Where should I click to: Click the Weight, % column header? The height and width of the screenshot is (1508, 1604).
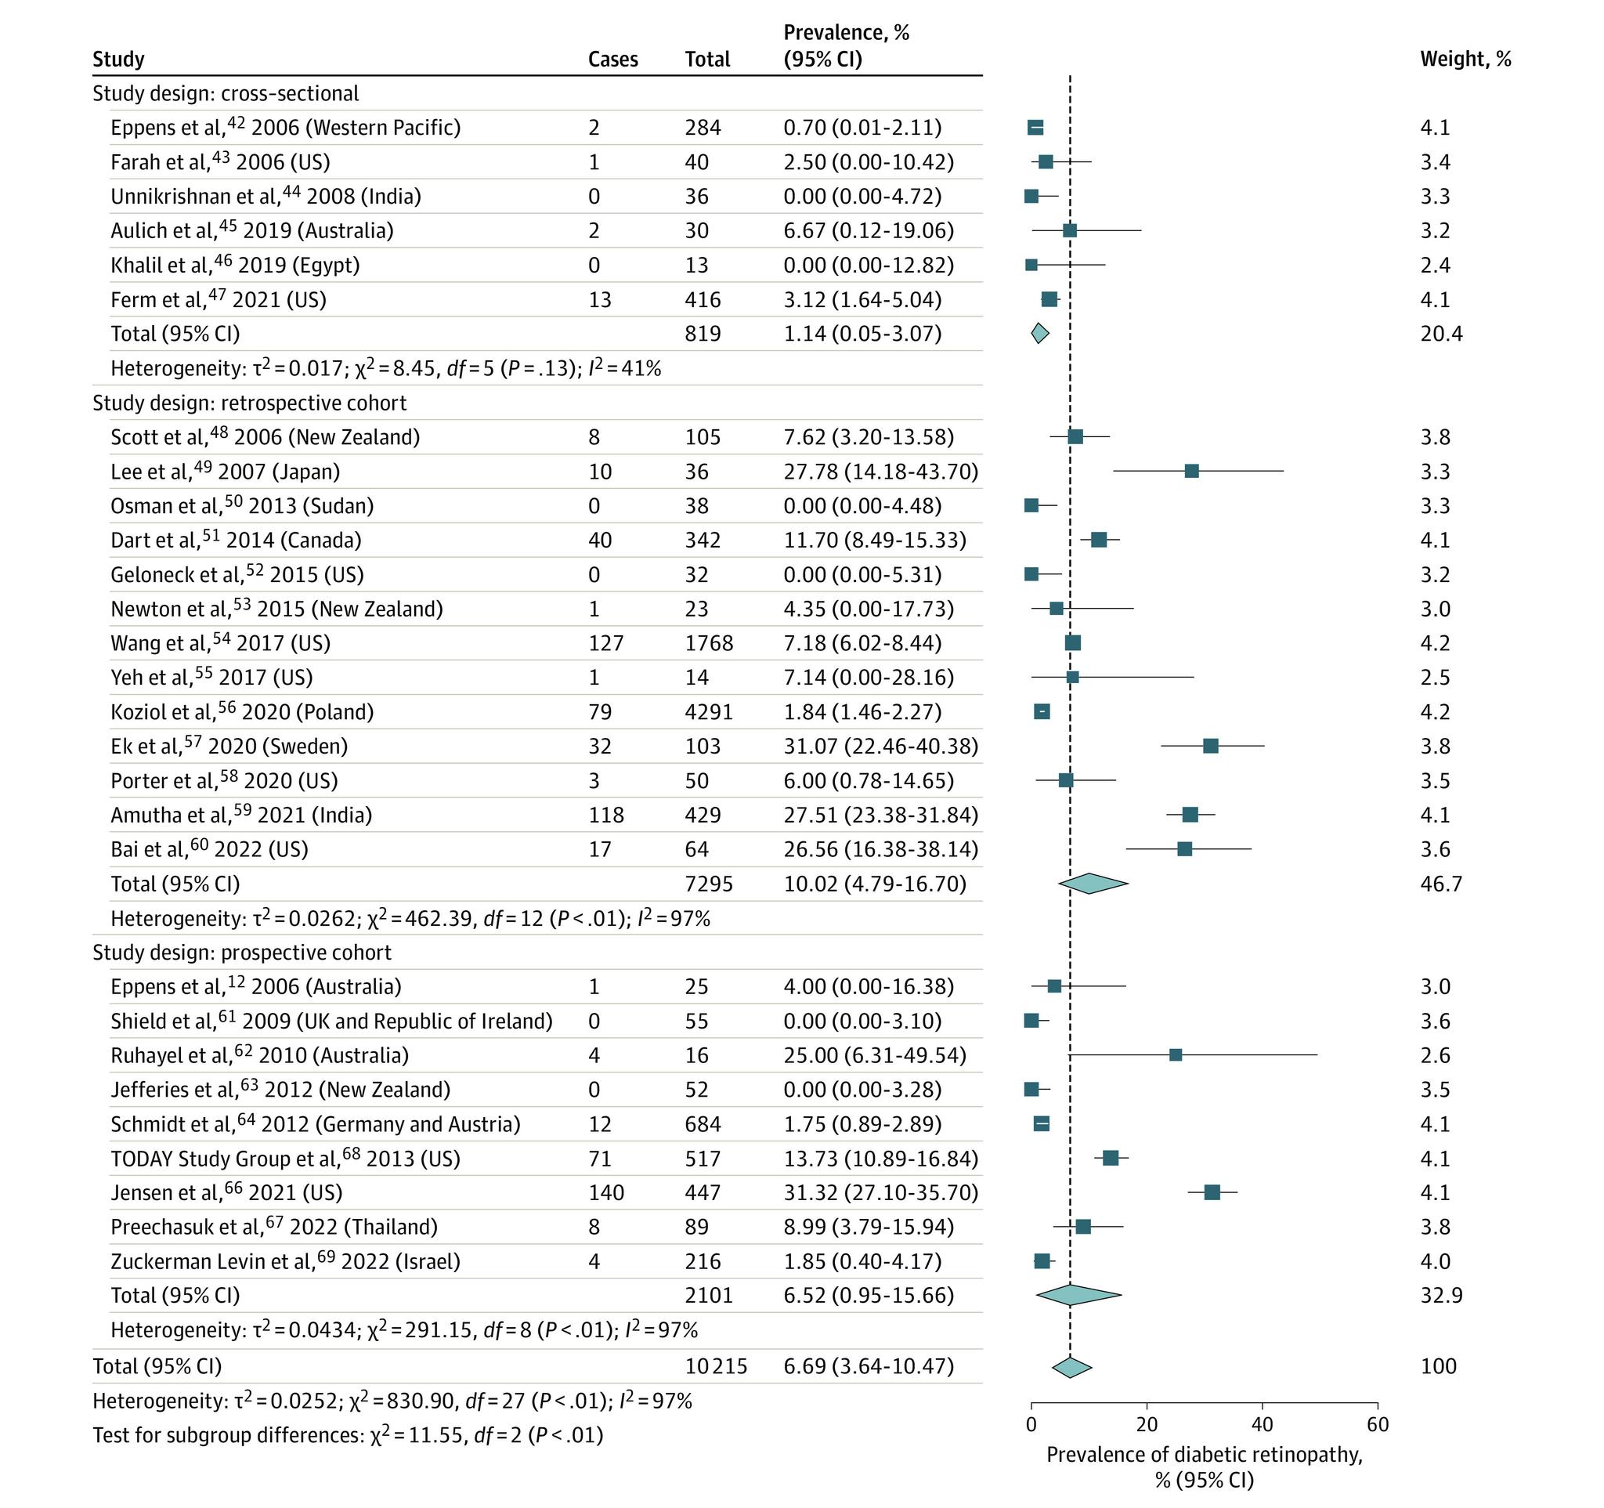pyautogui.click(x=1465, y=59)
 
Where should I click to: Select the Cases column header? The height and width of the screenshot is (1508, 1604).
pyautogui.click(x=612, y=59)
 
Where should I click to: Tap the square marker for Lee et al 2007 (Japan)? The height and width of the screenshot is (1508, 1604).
pyautogui.click(x=1191, y=471)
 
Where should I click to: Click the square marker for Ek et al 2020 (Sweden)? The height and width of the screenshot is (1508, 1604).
pyautogui.click(x=1210, y=747)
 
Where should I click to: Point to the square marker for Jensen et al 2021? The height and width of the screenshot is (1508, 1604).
pyautogui.click(x=1212, y=1192)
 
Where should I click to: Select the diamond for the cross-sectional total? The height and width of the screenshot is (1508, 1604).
pyautogui.click(x=1040, y=333)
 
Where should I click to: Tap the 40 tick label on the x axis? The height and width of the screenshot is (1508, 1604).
pyautogui.click(x=1262, y=1425)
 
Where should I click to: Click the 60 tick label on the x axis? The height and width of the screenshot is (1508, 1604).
pyautogui.click(x=1378, y=1425)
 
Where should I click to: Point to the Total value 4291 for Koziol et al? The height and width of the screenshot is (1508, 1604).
pyautogui.click(x=708, y=711)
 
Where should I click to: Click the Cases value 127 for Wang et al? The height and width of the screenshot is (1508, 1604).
pyautogui.click(x=605, y=643)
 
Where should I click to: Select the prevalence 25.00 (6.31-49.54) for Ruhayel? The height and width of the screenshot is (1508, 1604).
pyautogui.click(x=875, y=1055)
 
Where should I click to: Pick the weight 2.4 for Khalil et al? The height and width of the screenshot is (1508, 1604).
pyautogui.click(x=1435, y=266)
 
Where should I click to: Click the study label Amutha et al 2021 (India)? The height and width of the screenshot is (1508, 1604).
pyautogui.click(x=241, y=815)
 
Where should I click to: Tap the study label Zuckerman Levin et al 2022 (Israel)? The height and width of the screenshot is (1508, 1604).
pyautogui.click(x=285, y=1261)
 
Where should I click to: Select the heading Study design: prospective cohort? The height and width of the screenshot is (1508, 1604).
pyautogui.click(x=241, y=952)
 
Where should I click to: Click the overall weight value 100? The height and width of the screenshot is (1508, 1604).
pyautogui.click(x=1438, y=1366)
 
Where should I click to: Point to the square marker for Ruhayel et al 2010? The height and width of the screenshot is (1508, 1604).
pyautogui.click(x=1176, y=1055)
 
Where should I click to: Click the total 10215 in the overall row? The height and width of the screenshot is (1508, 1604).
pyautogui.click(x=716, y=1366)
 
